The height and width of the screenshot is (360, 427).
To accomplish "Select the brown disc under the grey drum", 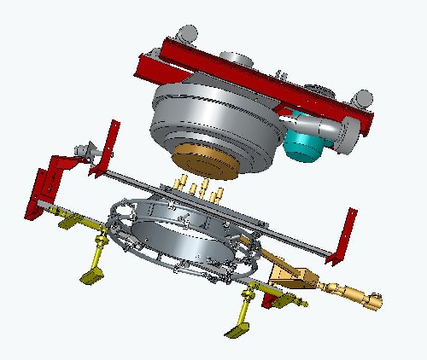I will point(202,163).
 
